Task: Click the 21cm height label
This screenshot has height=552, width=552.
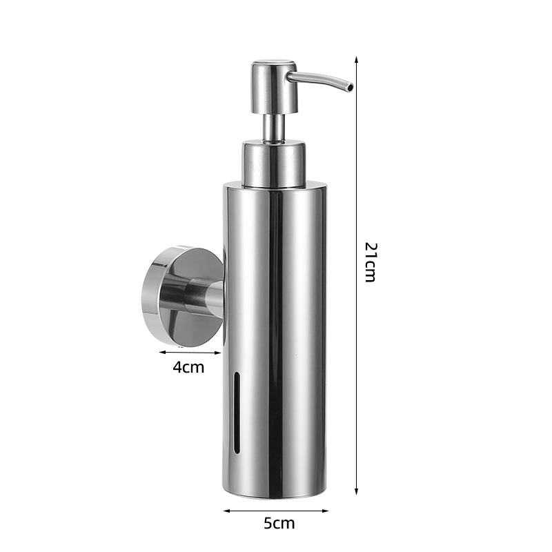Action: click(371, 262)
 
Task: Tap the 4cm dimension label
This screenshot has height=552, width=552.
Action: click(188, 368)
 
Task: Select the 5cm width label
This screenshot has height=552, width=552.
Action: click(279, 523)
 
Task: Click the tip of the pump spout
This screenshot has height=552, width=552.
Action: click(351, 86)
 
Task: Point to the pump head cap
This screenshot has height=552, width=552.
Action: click(274, 88)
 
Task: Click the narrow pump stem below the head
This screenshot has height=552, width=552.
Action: click(275, 128)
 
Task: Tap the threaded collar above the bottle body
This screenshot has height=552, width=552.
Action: click(273, 162)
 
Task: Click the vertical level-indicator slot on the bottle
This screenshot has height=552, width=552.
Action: click(237, 412)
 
